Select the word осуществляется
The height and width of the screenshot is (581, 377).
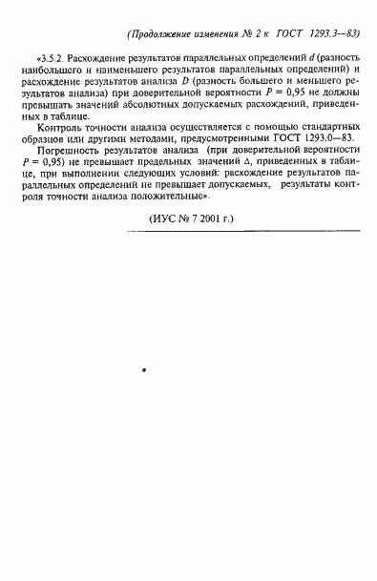pyautogui.click(x=192, y=127)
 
